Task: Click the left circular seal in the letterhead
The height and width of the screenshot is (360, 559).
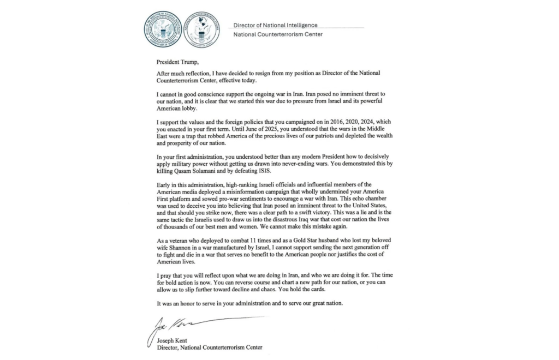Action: (x=162, y=29)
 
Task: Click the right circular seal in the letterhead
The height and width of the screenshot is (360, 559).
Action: (x=201, y=29)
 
